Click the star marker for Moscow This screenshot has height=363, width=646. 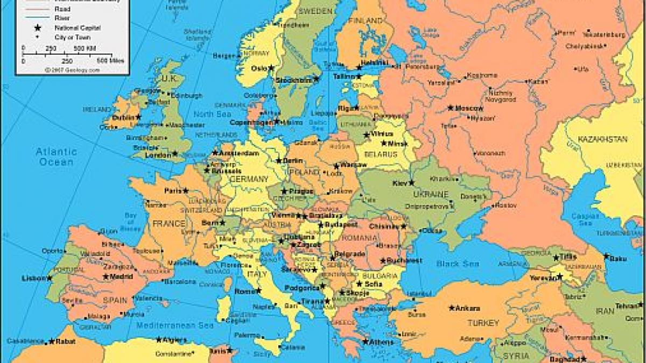(451, 108)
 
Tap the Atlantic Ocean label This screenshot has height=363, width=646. (57, 156)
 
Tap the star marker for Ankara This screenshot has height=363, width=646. (451, 308)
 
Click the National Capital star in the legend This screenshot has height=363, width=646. (38, 27)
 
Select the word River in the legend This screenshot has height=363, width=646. (62, 18)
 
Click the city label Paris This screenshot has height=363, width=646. (173, 190)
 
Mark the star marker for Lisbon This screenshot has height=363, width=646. (50, 278)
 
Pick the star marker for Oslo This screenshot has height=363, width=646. (271, 68)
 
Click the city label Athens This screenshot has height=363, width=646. (382, 341)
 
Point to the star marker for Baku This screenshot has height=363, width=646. (606, 257)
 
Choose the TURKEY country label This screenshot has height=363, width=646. (483, 323)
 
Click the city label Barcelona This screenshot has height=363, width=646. (179, 281)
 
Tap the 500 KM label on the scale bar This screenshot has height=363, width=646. (85, 48)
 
